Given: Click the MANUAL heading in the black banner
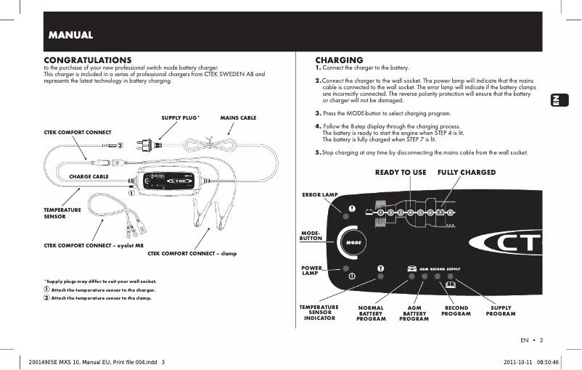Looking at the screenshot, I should point(70,35).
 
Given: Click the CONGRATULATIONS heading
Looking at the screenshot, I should point(88,59).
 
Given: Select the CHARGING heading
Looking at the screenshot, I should point(339,59).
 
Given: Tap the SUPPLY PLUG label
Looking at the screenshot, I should point(180,117).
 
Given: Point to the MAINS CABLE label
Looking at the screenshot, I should point(238,117).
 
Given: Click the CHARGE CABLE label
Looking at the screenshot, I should point(89,176).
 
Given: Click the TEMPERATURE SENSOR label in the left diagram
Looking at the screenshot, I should point(62,213).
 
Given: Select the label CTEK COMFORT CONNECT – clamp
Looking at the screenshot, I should point(192,253).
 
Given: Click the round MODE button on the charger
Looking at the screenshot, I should point(353,241).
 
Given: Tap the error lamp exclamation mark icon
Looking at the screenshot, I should point(352,208).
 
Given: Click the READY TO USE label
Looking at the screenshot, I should point(401,173).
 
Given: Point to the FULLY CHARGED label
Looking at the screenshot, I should point(467,173).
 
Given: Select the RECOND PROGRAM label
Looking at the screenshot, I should point(456,311).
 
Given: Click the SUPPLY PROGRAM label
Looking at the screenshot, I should point(501,311).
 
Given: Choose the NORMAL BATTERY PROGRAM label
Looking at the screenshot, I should point(371,313).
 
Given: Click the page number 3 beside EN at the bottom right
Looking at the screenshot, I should point(541,340).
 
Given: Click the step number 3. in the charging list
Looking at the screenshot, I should point(319,114).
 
